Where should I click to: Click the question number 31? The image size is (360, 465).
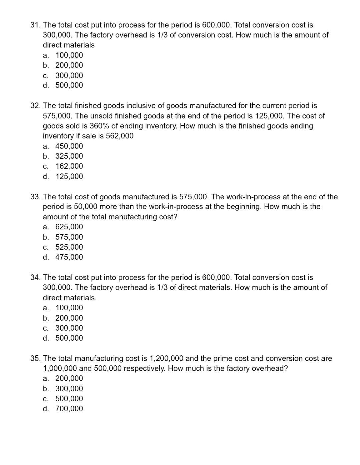tap(35, 25)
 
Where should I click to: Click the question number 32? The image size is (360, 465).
tap(35, 106)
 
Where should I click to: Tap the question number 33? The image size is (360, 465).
tap(35, 197)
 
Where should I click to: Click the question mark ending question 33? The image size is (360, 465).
tap(175, 217)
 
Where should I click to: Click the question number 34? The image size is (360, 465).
tap(35, 277)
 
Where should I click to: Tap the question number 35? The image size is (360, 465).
tap(35, 358)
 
